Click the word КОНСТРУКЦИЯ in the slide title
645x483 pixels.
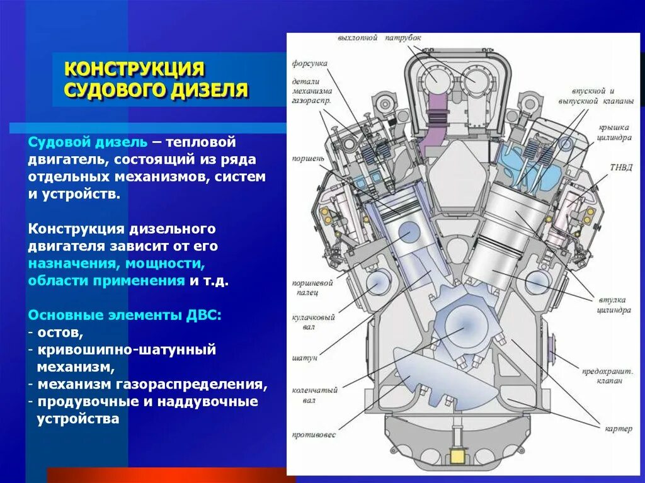click(135, 68)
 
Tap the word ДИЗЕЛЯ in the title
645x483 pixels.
click(208, 89)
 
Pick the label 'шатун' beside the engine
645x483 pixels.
click(304, 357)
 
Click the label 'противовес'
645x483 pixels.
click(314, 435)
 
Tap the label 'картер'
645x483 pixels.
click(618, 429)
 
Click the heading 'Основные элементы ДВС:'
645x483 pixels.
click(124, 315)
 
